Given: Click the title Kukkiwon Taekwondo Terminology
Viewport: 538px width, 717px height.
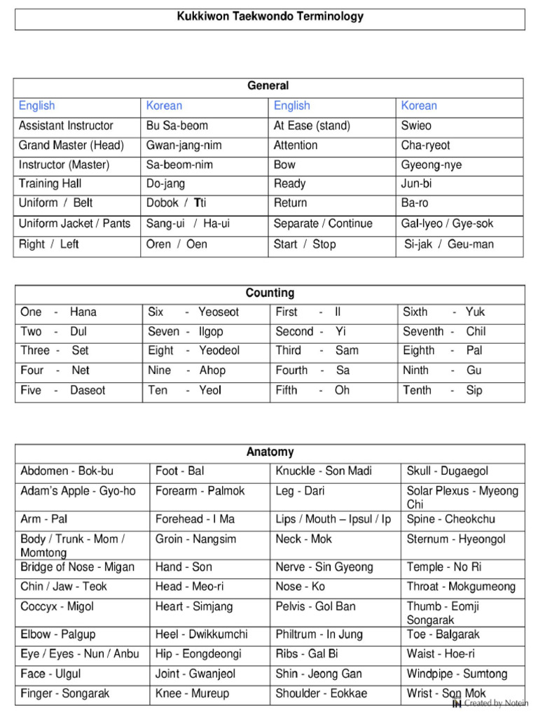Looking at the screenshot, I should pos(270,16).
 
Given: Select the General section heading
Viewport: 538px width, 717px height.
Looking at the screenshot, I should pos(268,86).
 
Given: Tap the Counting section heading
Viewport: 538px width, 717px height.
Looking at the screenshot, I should pos(270,293).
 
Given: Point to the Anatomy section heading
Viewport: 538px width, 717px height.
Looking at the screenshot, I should pos(270,452).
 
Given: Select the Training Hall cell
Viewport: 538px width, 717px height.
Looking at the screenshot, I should pos(50,183).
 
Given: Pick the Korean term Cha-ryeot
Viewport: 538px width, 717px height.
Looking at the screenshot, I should pos(426,146).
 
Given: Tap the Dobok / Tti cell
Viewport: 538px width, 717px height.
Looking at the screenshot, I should pos(177,203).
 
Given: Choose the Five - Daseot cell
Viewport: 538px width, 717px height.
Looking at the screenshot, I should pos(63,391).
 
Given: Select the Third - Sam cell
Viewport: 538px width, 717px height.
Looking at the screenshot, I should pos(317,351).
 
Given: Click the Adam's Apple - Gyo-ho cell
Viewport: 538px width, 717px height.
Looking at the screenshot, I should pos(78,492).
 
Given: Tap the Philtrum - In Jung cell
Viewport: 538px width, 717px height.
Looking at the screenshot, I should pos(319,634).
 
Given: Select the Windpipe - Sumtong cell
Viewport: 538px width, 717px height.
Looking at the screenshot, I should pos(457,674).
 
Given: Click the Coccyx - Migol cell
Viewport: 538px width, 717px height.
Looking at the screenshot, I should pos(57,607).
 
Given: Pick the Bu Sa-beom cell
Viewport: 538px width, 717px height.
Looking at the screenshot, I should pos(177,126).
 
